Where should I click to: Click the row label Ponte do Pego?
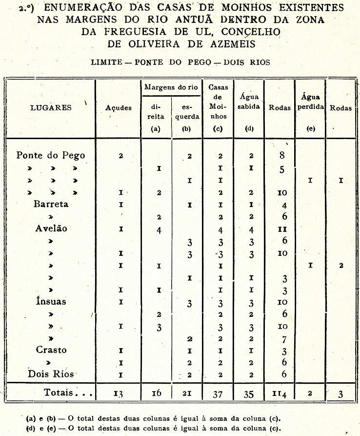51,156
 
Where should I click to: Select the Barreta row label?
51,204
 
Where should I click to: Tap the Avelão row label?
51,228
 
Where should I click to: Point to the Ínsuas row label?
51,301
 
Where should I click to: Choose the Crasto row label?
51,350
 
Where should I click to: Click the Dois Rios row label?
51,374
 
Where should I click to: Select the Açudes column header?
119,108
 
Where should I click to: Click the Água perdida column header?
310,102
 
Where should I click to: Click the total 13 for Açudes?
119,393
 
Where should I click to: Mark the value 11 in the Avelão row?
282,228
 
